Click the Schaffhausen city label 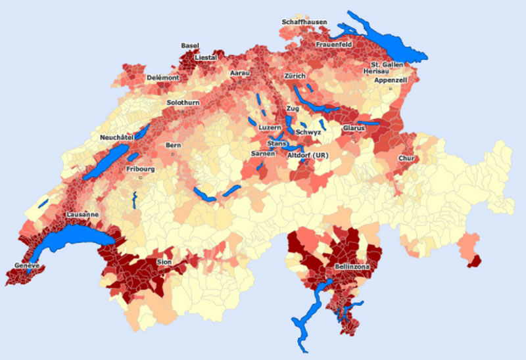(x=304, y=22)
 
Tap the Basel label (x=190, y=45)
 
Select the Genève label (x=27, y=265)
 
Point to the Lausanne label (x=82, y=215)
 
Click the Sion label (x=164, y=261)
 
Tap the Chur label (x=406, y=158)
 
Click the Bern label (x=174, y=145)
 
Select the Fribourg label (x=140, y=169)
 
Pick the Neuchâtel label (x=117, y=137)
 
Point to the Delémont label (x=163, y=77)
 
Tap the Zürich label (x=295, y=76)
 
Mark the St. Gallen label (x=385, y=64)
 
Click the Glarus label (x=354, y=128)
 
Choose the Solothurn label (x=183, y=103)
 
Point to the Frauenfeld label (x=334, y=44)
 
